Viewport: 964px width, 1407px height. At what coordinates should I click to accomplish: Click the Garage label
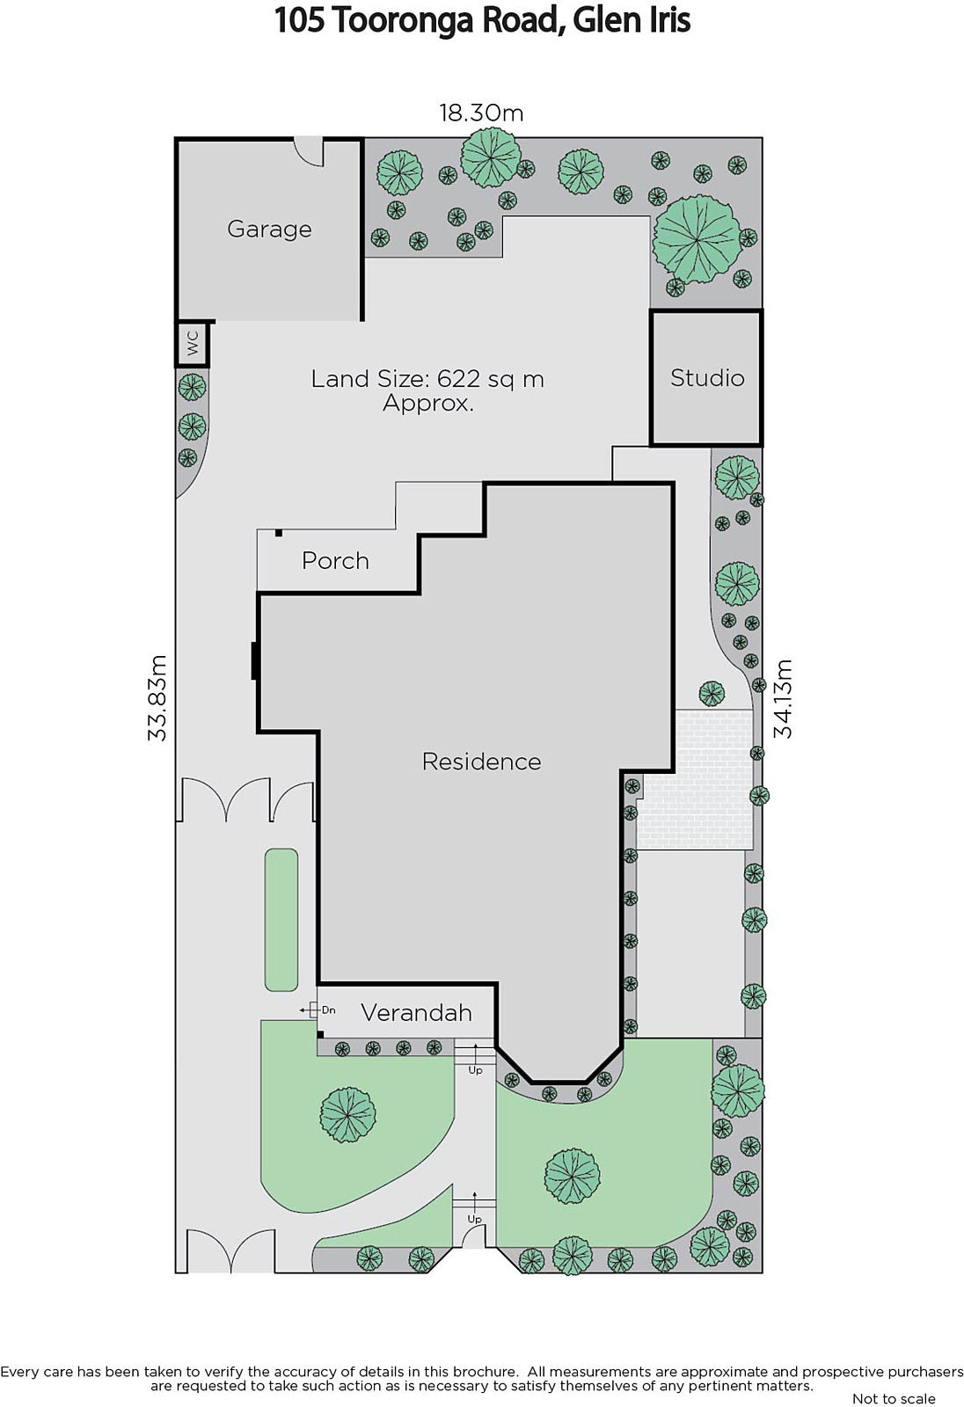coord(269,230)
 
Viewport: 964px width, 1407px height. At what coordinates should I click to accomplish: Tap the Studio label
coord(707,378)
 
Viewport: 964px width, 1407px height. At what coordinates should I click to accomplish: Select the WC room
coord(192,344)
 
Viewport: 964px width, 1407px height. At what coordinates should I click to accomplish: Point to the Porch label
coord(335,561)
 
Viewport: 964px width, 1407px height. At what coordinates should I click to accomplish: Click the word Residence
coord(481,762)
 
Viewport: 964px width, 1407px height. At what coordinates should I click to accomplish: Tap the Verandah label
coord(416,1012)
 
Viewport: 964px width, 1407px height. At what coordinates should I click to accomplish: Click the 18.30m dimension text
coord(481,113)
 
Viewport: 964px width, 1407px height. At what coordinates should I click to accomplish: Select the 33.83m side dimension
coord(157,698)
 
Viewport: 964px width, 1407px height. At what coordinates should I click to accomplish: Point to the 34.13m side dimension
coord(783,698)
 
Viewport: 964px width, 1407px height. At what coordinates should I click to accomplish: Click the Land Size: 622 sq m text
coord(427,379)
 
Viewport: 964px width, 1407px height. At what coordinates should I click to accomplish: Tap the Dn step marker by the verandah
coord(329,1010)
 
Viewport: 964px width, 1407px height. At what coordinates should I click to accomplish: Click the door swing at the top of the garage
coord(309,151)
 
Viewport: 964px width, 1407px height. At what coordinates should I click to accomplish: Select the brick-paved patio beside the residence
coord(695,779)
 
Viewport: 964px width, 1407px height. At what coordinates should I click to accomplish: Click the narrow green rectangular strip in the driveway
coord(281,920)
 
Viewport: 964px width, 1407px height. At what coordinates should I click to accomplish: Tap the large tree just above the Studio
coord(697,239)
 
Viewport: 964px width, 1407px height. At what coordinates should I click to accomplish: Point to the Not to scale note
coord(894,1398)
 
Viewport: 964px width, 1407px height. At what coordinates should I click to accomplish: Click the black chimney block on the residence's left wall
coord(254,660)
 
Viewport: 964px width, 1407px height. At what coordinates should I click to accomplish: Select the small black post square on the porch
coord(279,533)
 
